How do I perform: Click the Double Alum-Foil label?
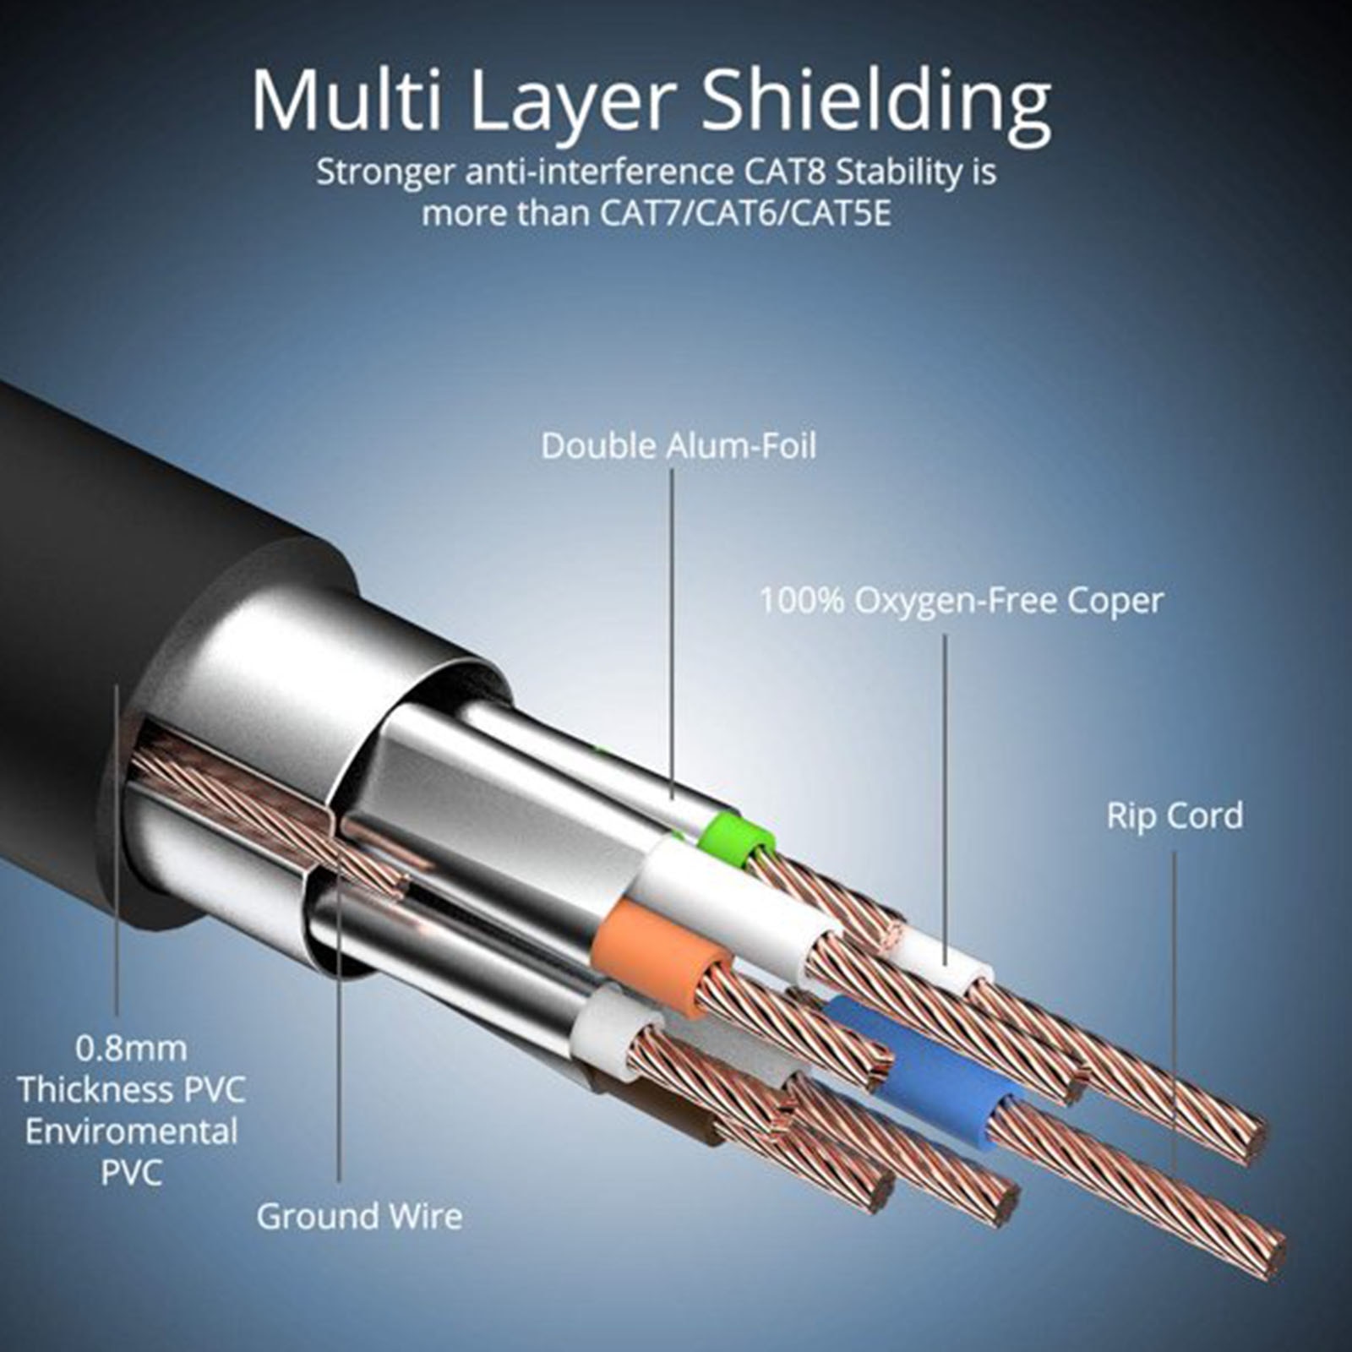(679, 446)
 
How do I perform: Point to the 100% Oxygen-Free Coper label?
(961, 602)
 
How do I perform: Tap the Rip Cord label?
(1175, 816)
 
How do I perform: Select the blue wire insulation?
(929, 1069)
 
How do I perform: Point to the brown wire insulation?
(668, 1111)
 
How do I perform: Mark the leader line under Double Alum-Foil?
(673, 634)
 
